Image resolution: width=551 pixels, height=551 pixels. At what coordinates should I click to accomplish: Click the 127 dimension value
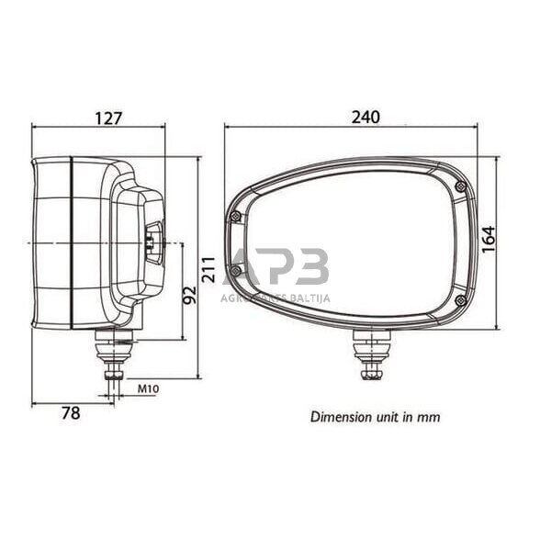[x=108, y=118]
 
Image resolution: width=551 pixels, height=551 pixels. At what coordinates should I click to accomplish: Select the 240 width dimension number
[x=365, y=118]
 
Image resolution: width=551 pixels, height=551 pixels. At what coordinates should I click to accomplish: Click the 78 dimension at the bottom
[x=70, y=413]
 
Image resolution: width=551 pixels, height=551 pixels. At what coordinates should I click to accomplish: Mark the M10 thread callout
[x=148, y=389]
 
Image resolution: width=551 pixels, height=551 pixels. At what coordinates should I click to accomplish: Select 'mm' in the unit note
[x=429, y=416]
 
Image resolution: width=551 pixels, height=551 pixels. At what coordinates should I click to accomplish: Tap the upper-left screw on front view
[x=236, y=216]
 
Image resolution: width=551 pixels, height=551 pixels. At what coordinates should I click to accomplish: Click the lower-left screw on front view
[x=236, y=271]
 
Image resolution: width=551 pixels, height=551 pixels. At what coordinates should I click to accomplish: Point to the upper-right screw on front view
[x=459, y=186]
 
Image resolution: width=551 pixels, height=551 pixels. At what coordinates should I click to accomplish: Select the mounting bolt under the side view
[x=116, y=358]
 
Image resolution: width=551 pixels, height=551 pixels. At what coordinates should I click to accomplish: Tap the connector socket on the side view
[x=152, y=242]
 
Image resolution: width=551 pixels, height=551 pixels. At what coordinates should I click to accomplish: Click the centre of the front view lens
[x=354, y=243]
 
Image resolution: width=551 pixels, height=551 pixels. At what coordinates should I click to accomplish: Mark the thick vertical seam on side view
[x=72, y=243]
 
